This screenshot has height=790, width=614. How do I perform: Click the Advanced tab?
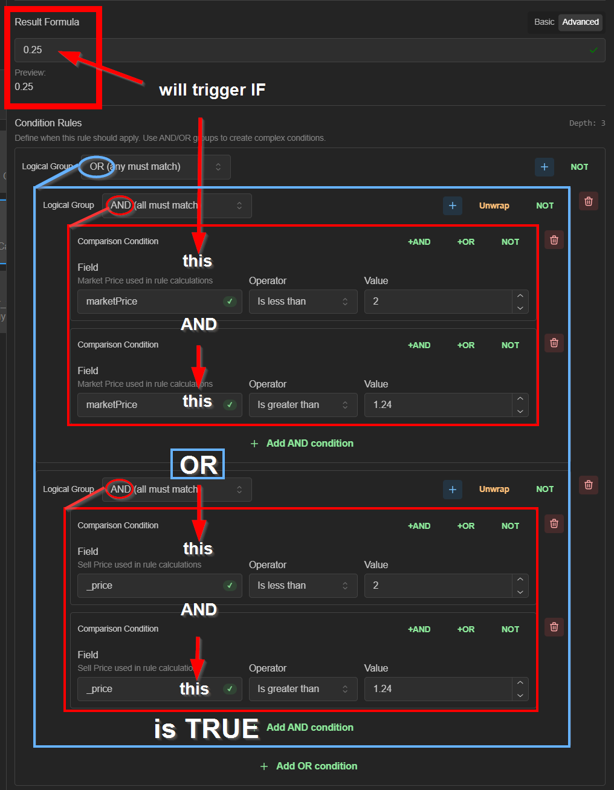[x=580, y=22]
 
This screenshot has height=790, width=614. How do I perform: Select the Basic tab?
[x=544, y=22]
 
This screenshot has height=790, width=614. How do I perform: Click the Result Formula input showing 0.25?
[x=309, y=50]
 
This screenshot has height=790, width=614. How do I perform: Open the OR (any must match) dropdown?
[x=156, y=167]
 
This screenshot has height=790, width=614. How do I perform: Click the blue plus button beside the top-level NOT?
[x=545, y=167]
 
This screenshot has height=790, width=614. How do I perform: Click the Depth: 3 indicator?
[x=587, y=123]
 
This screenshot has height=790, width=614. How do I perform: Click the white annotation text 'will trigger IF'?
[x=212, y=90]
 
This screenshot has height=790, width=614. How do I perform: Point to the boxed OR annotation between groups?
[x=198, y=464]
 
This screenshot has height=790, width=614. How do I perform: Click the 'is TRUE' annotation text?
[x=206, y=728]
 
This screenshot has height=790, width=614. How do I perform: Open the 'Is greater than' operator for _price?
[x=303, y=689]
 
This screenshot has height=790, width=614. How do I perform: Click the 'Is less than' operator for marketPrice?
[x=303, y=302]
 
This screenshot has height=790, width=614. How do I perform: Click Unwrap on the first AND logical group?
[x=494, y=206]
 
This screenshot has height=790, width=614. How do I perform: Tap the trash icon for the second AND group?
[x=589, y=485]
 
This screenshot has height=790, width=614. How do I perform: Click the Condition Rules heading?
[x=48, y=123]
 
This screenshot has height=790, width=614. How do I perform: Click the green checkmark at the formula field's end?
[x=593, y=50]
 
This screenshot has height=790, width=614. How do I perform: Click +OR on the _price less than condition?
[x=466, y=526]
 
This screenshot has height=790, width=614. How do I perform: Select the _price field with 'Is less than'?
[x=160, y=586]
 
